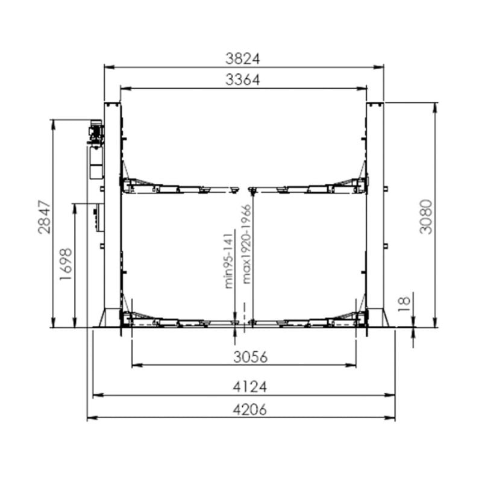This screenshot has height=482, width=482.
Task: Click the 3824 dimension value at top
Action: tap(243, 58)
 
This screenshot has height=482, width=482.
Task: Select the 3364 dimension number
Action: tap(243, 80)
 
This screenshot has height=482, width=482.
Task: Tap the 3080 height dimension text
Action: tap(425, 216)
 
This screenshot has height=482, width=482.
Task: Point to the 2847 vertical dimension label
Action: tap(44, 218)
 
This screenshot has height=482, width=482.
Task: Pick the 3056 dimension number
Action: tap(243, 357)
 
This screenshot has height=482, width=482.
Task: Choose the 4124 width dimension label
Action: tap(243, 387)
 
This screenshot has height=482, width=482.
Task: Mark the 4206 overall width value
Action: tap(243, 410)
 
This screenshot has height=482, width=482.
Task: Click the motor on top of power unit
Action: tap(96, 131)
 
